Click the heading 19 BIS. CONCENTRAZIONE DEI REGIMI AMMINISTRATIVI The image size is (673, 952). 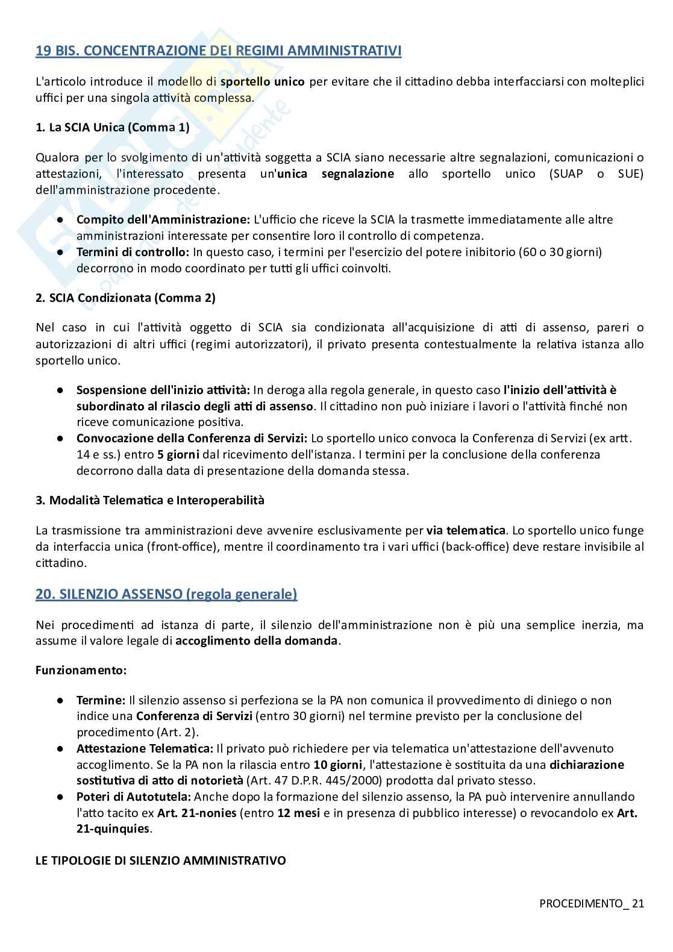coord(218,51)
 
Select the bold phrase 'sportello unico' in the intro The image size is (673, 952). coord(262,82)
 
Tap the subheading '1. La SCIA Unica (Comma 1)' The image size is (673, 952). coord(113,127)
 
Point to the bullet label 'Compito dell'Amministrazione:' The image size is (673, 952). coord(163,219)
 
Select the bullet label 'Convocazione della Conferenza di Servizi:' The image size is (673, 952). coord(192,438)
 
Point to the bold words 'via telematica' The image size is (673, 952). coord(466,531)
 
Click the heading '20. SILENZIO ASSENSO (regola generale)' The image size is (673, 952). coord(166,594)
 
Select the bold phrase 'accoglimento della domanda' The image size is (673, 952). coord(257,640)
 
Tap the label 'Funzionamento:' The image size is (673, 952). coord(81,670)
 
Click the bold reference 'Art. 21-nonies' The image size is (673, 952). coord(196,813)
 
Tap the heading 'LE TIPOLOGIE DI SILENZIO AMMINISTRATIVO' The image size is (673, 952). coord(160,860)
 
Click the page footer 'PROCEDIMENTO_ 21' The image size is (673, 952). coord(591,903)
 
